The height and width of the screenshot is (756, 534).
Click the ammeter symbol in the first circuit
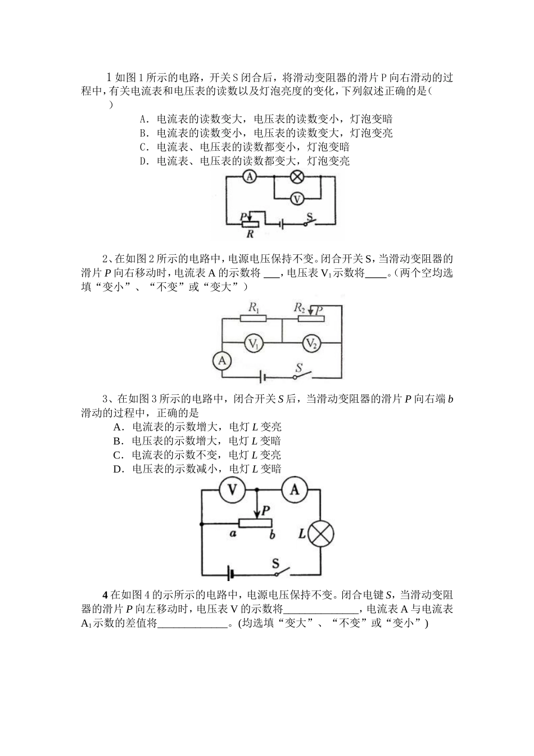pos(250,177)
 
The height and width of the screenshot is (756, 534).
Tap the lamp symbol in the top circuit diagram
pos(297,177)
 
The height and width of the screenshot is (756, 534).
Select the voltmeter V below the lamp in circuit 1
pos(297,199)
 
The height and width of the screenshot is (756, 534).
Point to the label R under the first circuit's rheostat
pos(250,234)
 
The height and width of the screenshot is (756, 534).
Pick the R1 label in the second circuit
pos(254,308)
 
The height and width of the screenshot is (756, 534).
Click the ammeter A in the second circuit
pos(223,361)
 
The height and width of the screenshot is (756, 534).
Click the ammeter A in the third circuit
pos(295,490)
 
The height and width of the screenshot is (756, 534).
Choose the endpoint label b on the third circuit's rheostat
pos(272,534)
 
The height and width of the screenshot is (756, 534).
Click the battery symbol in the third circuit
pos(230,574)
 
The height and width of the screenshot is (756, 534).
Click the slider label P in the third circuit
pos(266,510)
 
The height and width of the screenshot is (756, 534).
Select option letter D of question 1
pos(143,161)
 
